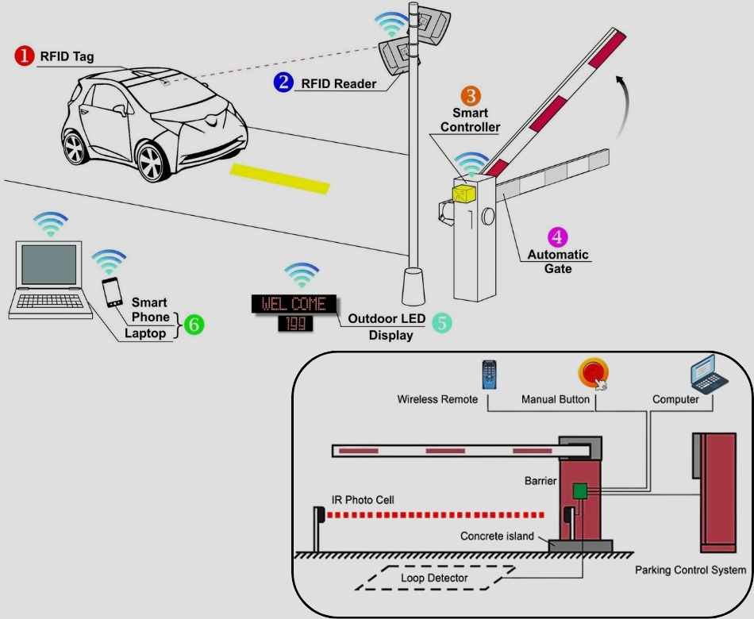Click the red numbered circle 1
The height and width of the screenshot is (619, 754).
click(x=25, y=56)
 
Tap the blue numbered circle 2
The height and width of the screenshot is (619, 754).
click(x=282, y=81)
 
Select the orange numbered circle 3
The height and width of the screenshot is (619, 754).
click(x=471, y=96)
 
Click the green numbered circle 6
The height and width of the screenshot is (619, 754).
click(x=193, y=324)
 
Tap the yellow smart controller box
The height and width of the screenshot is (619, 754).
click(x=462, y=192)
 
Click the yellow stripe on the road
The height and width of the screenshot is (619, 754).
click(x=279, y=179)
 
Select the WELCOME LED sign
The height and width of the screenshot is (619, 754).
click(x=294, y=304)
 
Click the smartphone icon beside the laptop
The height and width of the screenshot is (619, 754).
click(x=113, y=291)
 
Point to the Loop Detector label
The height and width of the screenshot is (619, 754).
click(x=434, y=579)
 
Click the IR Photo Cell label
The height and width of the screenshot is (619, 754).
click(x=363, y=500)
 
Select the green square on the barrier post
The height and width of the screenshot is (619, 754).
click(x=580, y=491)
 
